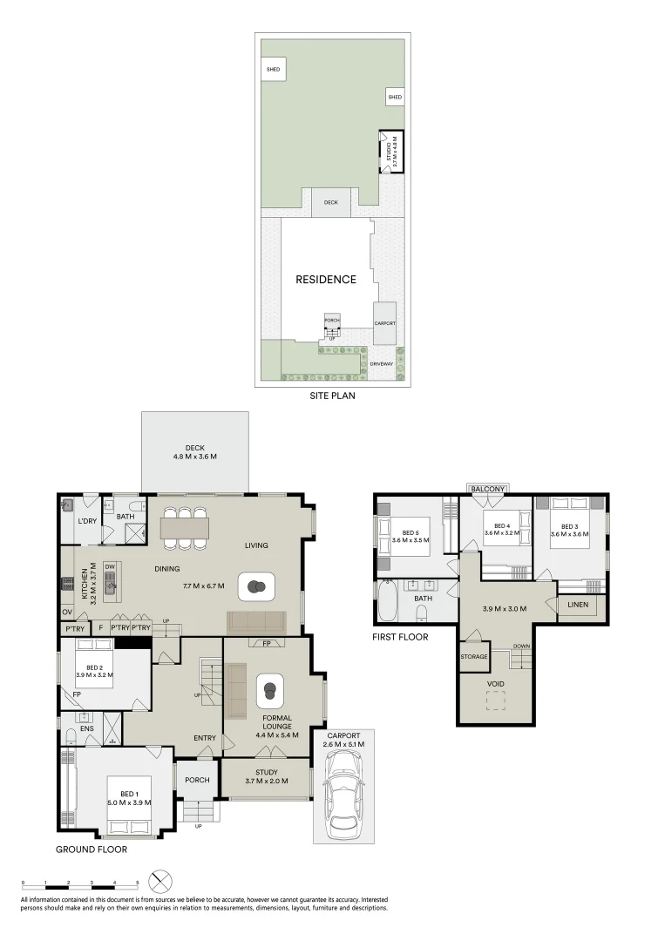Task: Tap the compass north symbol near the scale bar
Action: point(159,879)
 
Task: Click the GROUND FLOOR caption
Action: point(92,849)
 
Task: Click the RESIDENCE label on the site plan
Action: point(325,280)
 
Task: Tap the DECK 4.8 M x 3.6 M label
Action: point(194,452)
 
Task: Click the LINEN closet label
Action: point(577,605)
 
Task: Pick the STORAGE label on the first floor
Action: point(475,656)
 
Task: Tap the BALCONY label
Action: point(488,489)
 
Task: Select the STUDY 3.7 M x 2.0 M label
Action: point(266,776)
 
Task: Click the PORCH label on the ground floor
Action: point(197,779)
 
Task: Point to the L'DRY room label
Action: point(86,521)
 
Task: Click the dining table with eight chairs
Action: point(186,528)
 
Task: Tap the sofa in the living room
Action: point(255,621)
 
